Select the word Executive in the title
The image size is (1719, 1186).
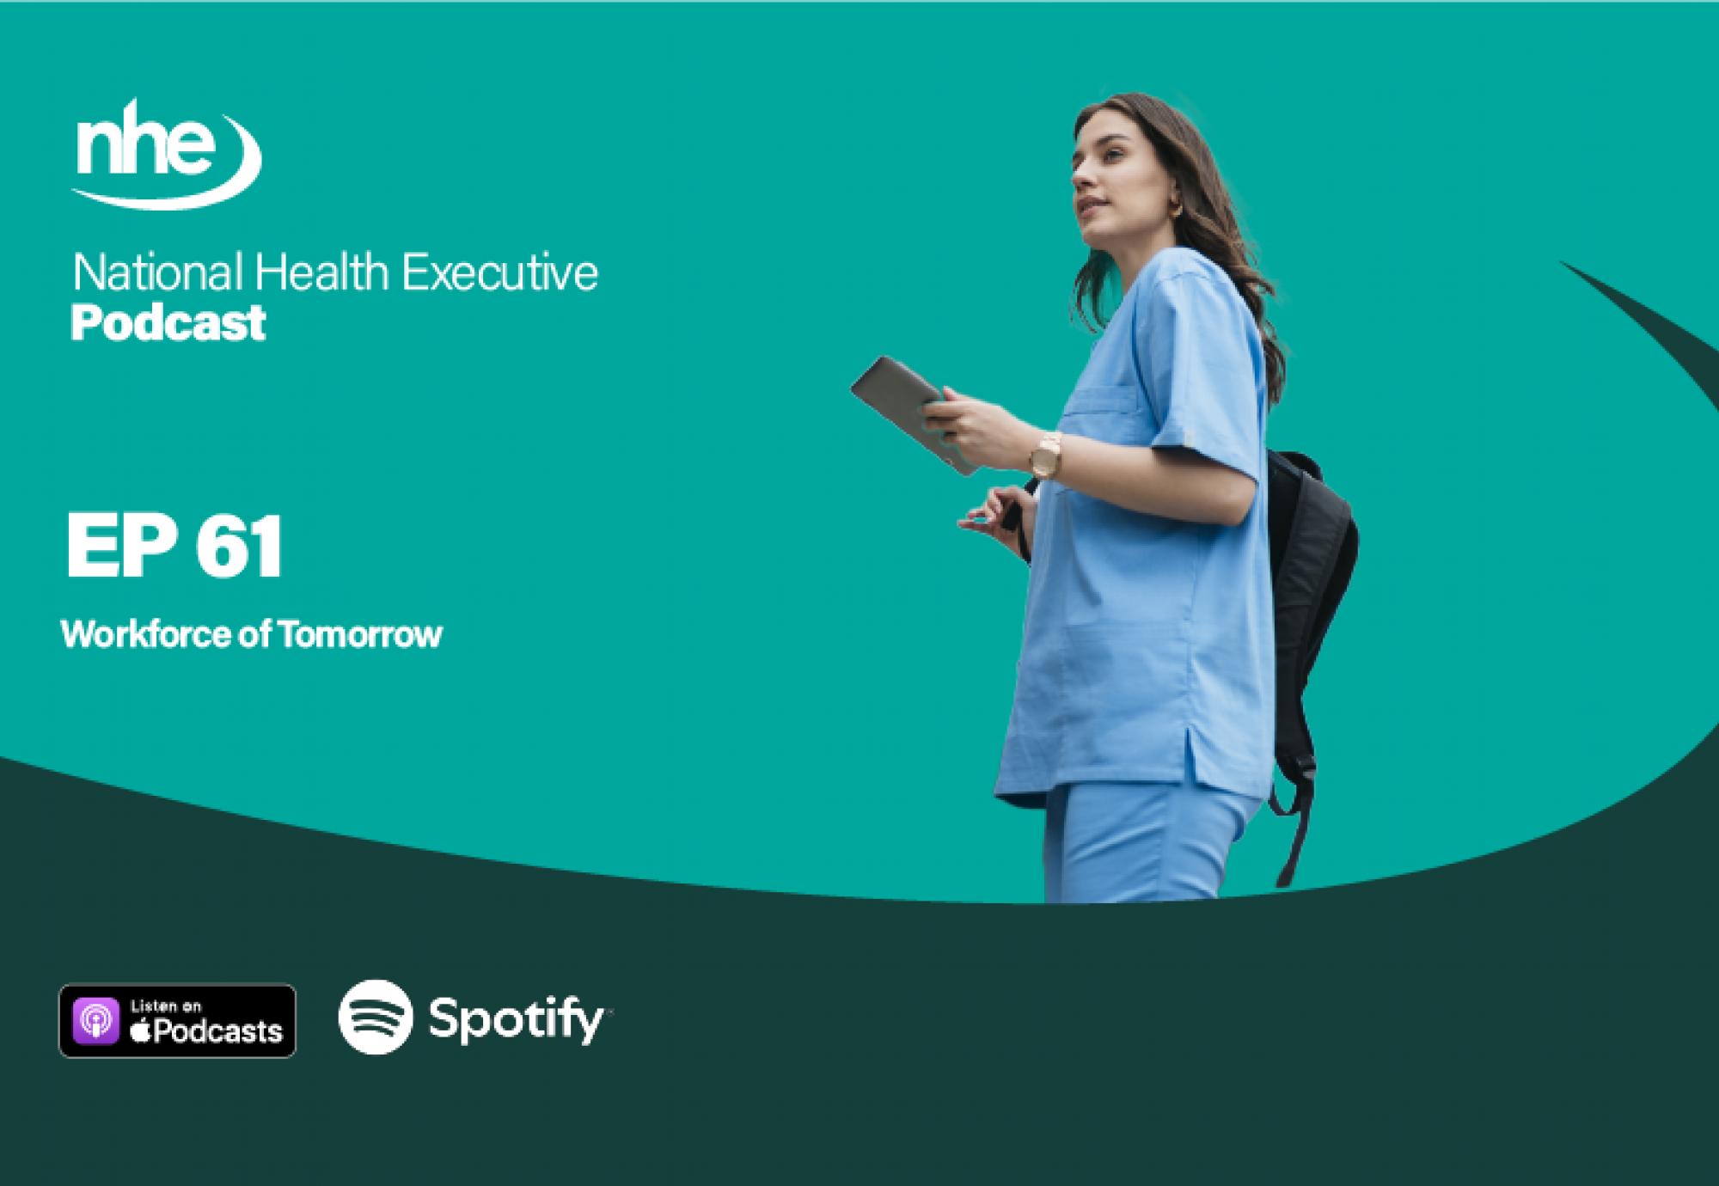click(500, 273)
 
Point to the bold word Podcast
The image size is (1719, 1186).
click(168, 323)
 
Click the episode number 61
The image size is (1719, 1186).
click(239, 547)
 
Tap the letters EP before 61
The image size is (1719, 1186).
click(121, 547)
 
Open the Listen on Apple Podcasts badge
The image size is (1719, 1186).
click(177, 1020)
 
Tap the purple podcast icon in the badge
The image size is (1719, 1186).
click(95, 1021)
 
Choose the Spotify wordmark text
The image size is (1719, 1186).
click(516, 1021)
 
